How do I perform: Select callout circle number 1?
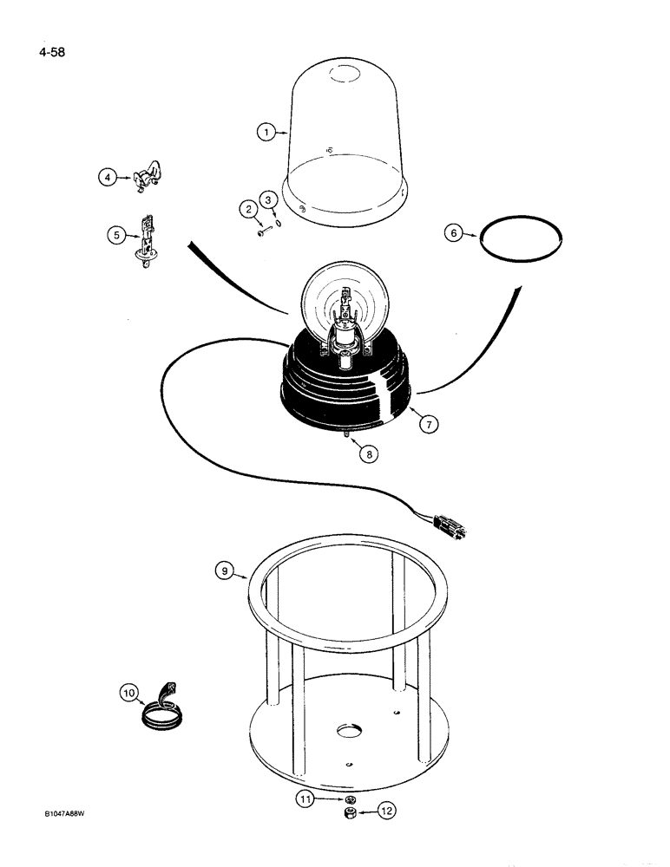266,132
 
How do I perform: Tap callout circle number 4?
107,178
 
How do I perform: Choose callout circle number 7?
428,424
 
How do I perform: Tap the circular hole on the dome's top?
348,75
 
